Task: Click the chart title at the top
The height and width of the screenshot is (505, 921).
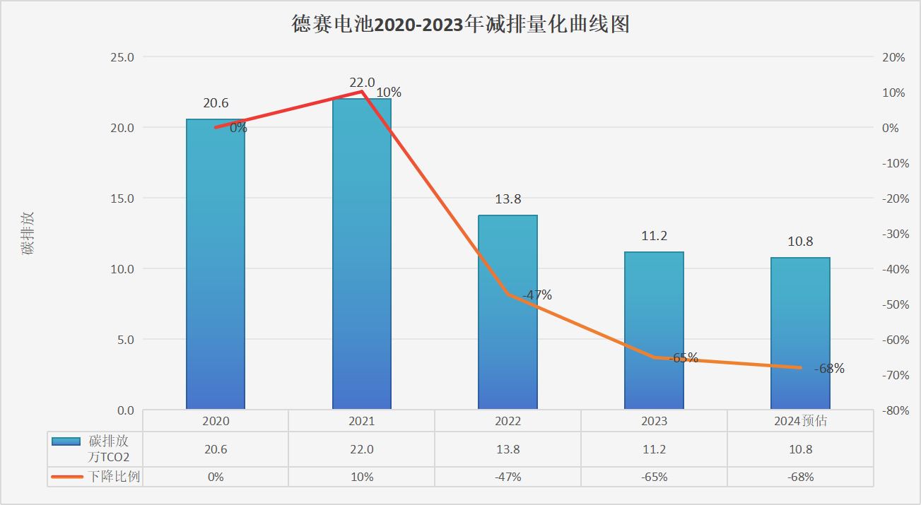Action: click(460, 25)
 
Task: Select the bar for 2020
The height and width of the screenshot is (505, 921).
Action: click(216, 268)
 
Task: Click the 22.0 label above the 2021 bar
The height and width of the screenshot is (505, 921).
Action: click(362, 83)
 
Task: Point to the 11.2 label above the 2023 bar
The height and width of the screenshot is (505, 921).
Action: click(655, 236)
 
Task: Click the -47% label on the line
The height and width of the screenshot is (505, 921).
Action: click(537, 295)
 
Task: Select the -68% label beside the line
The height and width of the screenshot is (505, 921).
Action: click(829, 369)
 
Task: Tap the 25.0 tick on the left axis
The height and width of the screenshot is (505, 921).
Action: click(122, 57)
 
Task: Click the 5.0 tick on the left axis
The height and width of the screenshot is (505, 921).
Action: click(125, 340)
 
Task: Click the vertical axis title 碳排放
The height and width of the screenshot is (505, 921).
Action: click(28, 233)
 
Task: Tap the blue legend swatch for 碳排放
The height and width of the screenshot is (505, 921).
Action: click(66, 441)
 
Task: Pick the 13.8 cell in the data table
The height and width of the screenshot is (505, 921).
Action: click(508, 449)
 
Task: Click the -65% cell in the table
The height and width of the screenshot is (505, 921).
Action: click(654, 477)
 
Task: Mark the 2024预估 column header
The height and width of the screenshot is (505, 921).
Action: click(800, 421)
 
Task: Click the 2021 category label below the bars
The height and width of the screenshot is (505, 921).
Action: click(362, 421)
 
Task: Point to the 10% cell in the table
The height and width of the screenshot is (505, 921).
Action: click(362, 477)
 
